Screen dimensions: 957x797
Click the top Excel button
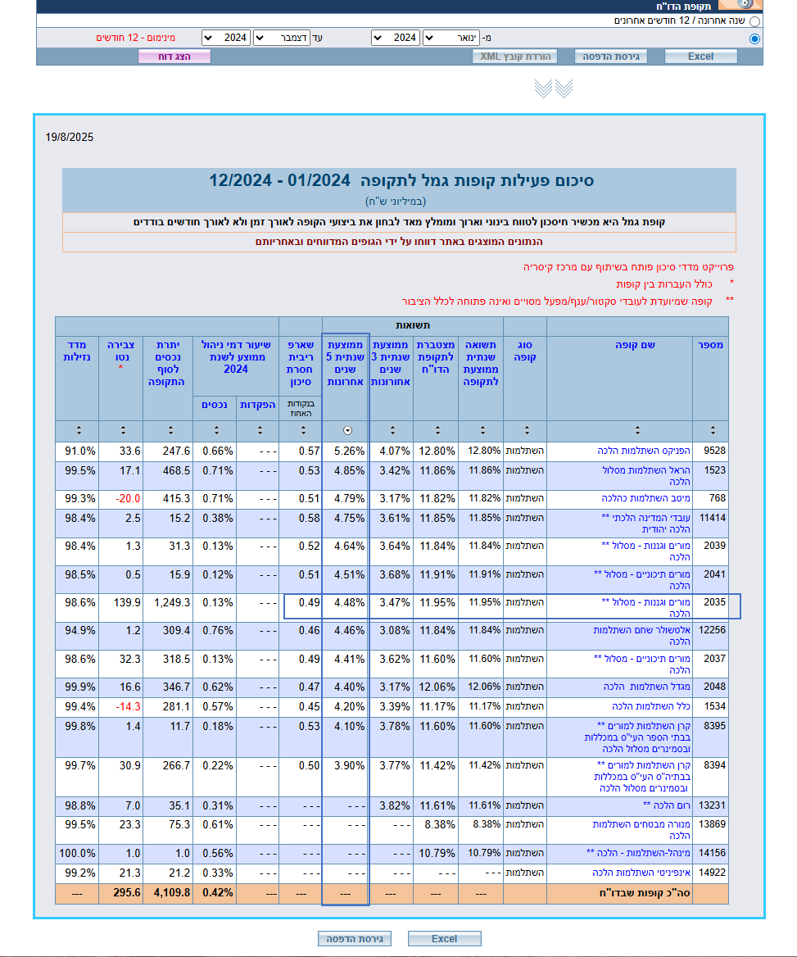700,57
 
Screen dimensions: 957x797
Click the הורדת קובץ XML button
514,57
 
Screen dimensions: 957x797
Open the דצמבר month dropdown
281,38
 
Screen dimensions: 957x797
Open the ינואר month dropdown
451,38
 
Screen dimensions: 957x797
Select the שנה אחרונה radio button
754,21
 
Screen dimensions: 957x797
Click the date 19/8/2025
70,138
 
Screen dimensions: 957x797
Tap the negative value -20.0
128,498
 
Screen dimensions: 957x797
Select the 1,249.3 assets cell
171,602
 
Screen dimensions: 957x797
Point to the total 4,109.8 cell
170,893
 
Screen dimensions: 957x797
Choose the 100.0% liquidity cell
79,853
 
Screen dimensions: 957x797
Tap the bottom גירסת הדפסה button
354,938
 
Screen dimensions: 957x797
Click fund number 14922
712,873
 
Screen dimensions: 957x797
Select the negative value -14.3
128,706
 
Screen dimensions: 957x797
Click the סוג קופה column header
524,351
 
